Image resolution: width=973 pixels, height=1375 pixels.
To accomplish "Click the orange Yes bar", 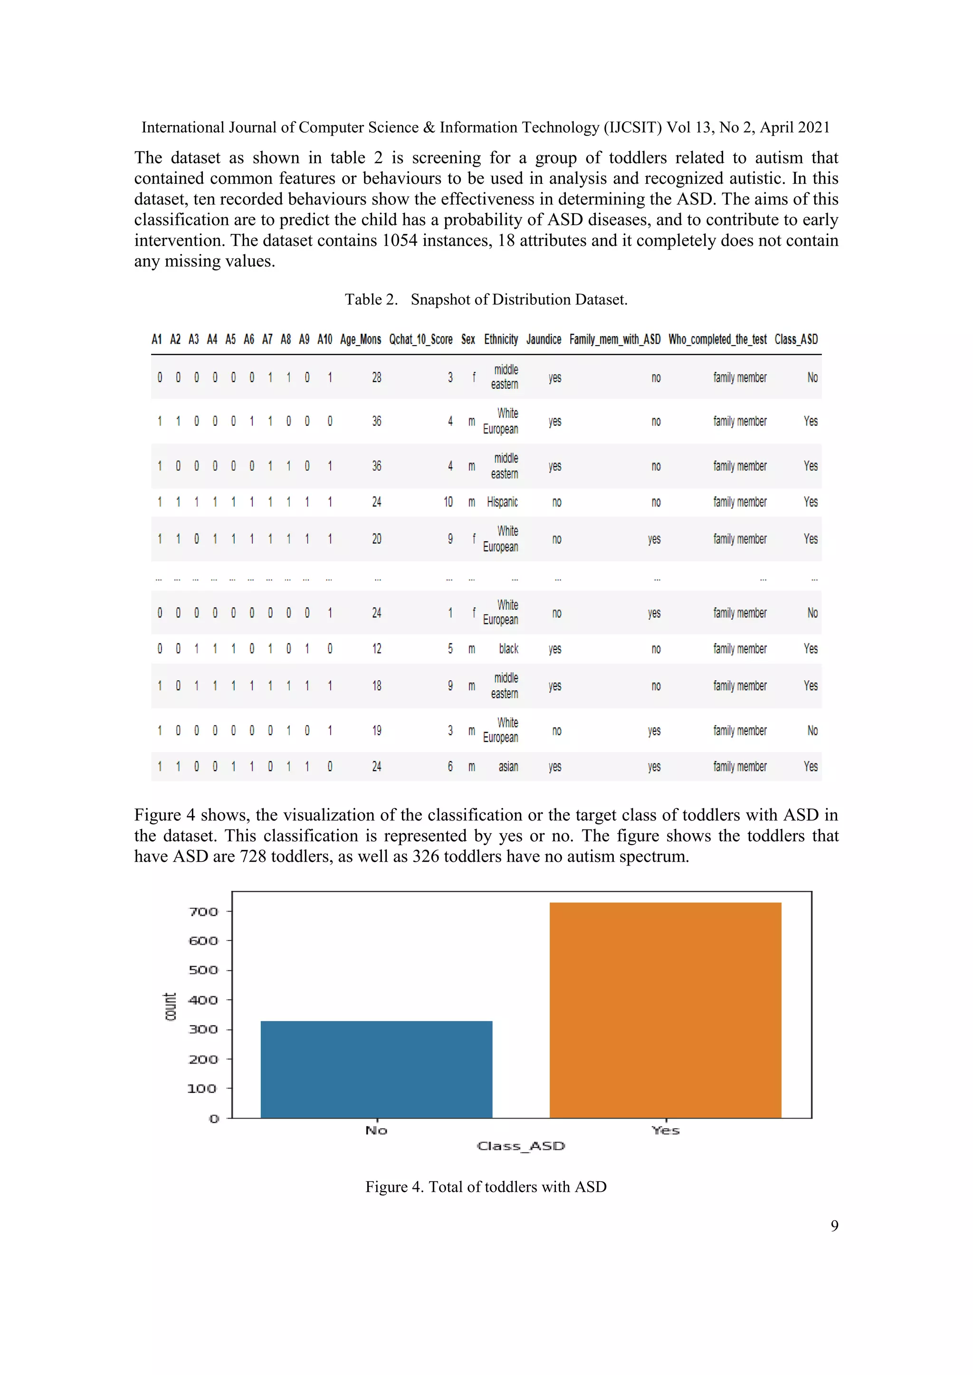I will pyautogui.click(x=665, y=1010).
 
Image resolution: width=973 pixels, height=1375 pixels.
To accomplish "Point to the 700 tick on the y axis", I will pyautogui.click(x=204, y=912).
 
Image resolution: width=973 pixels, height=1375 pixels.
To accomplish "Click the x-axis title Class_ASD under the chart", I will pyautogui.click(x=521, y=1146).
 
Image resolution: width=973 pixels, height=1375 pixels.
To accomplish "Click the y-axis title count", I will pyautogui.click(x=170, y=1006).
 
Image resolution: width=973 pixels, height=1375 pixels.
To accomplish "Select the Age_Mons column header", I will pyautogui.click(x=360, y=339).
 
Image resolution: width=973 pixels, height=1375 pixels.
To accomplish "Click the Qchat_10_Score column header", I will pyautogui.click(x=420, y=339).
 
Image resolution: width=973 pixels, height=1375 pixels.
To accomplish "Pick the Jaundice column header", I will pyautogui.click(x=544, y=339).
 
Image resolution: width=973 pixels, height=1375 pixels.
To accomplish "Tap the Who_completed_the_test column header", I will pyautogui.click(x=717, y=339).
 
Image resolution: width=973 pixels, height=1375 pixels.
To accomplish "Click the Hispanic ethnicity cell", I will pyautogui.click(x=502, y=502).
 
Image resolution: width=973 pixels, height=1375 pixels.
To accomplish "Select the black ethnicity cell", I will pyautogui.click(x=508, y=649).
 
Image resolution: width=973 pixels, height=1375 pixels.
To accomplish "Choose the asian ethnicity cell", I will pyautogui.click(x=508, y=766).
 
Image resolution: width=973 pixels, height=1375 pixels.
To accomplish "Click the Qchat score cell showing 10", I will pyautogui.click(x=448, y=502).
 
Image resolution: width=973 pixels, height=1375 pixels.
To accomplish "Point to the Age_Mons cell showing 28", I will pyautogui.click(x=376, y=377).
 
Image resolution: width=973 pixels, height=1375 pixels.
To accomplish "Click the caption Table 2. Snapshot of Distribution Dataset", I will pyautogui.click(x=486, y=300).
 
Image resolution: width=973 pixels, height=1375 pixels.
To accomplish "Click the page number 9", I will pyautogui.click(x=834, y=1226).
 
